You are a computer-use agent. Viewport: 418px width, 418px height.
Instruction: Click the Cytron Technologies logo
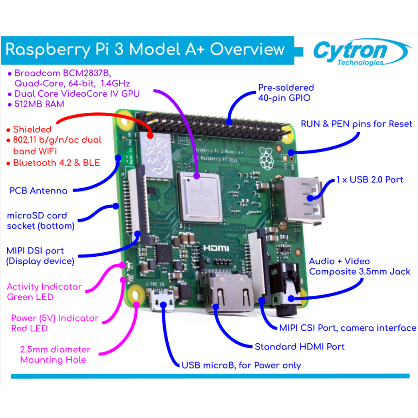point(359,53)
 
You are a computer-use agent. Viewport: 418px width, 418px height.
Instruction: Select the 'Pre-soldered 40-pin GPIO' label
point(286,93)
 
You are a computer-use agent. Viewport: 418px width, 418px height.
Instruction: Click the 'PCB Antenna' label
point(38,191)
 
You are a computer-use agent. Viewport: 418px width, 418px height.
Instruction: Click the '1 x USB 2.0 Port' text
point(369,180)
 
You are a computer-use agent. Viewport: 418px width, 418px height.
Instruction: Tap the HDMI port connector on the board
point(230,292)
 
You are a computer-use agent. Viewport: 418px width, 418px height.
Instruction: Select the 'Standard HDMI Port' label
point(300,347)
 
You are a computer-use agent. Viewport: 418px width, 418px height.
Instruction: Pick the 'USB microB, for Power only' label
point(241,365)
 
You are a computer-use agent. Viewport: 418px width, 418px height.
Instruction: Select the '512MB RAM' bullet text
point(39,104)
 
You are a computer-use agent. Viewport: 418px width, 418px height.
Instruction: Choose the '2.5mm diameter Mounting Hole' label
point(55,355)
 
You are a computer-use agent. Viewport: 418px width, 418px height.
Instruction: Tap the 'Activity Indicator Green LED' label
point(44,292)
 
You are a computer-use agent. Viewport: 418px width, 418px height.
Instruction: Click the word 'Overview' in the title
point(247,49)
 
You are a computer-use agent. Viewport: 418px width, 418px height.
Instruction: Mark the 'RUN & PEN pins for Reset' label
point(356,124)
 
